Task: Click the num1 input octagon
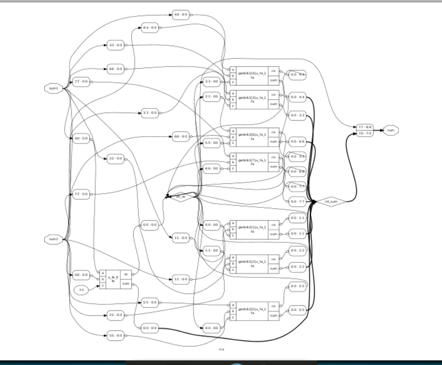pyautogui.click(x=54, y=89)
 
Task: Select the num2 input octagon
pyautogui.click(x=54, y=239)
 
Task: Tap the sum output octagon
pyautogui.click(x=390, y=130)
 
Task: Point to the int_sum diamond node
pyautogui.click(x=331, y=202)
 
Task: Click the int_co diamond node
pyautogui.click(x=181, y=197)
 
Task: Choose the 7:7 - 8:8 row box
pyautogui.click(x=365, y=127)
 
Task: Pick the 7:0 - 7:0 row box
pyautogui.click(x=365, y=134)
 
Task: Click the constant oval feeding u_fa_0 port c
pyautogui.click(x=81, y=289)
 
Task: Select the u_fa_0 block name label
pyautogui.click(x=113, y=278)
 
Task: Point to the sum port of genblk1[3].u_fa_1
pyautogui.click(x=274, y=104)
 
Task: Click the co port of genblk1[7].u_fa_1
pyautogui.click(x=274, y=157)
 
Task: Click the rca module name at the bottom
pyautogui.click(x=221, y=349)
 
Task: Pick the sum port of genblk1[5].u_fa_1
pyautogui.click(x=274, y=315)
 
